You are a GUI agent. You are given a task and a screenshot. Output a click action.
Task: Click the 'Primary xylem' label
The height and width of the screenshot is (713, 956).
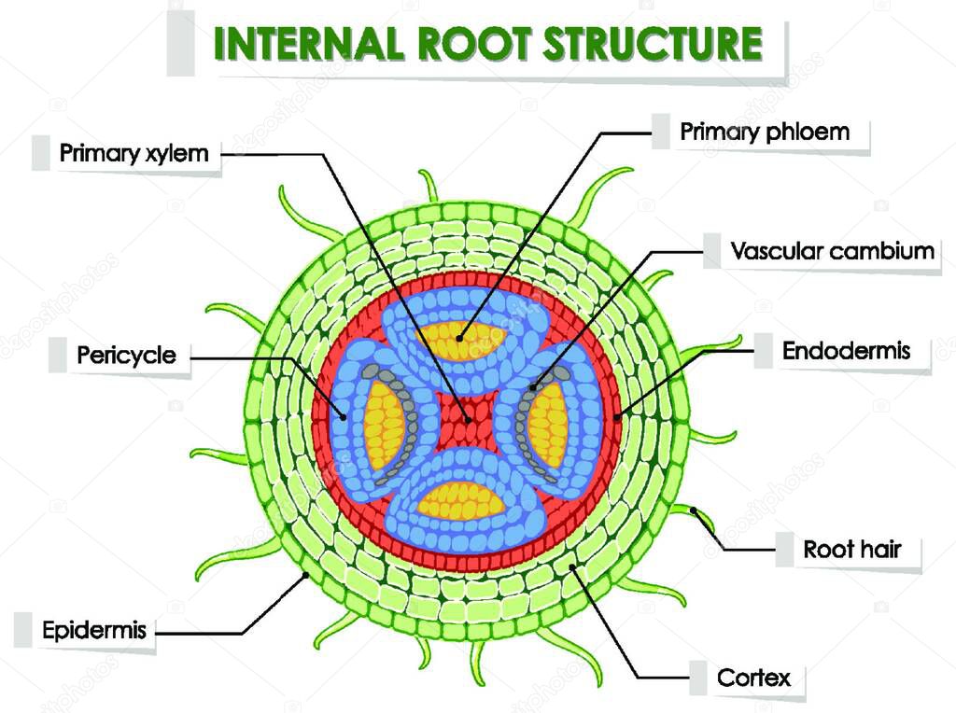[x=134, y=153]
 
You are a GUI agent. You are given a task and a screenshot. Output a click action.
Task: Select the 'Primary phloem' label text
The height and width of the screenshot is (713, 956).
[x=765, y=132]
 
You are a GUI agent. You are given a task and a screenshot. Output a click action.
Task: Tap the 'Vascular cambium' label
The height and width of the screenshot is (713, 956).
[x=832, y=251]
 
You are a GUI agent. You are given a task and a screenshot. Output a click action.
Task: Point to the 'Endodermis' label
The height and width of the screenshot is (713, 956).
[x=845, y=351]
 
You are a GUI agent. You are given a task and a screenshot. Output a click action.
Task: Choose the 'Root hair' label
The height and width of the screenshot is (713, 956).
[x=851, y=549]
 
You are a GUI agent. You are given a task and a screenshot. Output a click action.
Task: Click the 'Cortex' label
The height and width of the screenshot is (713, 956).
[x=753, y=677]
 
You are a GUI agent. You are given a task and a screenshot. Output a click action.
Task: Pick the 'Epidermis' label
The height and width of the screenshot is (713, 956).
[x=94, y=630]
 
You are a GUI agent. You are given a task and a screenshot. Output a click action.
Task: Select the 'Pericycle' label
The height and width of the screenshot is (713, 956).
[x=126, y=356]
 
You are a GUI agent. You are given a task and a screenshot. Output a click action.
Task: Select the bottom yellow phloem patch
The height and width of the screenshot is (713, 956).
[x=461, y=499]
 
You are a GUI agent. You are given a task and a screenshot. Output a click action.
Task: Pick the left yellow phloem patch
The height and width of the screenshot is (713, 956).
[x=383, y=425]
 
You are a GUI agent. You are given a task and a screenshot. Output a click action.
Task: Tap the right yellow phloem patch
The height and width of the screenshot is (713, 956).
[x=547, y=425]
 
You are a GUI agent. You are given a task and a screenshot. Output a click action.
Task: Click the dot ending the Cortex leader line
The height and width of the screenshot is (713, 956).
[x=572, y=566]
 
